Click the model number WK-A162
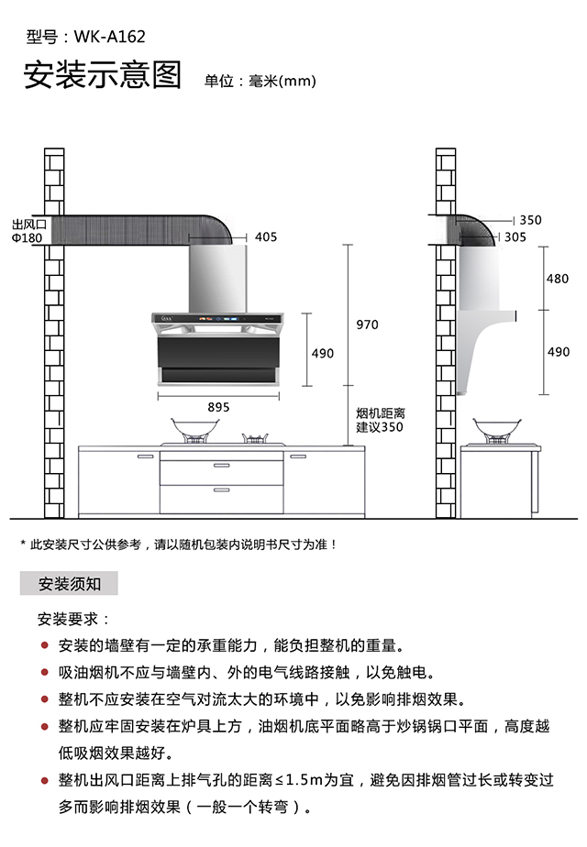108,38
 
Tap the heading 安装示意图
103,76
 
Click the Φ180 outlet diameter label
28,237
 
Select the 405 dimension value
265,237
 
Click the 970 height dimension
367,324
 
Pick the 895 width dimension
218,407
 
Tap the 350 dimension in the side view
530,220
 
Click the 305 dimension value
515,236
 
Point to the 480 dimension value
558,279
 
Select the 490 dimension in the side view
558,352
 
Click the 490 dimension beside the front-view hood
323,353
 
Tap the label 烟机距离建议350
380,421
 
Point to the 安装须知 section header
70,583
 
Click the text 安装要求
73,620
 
